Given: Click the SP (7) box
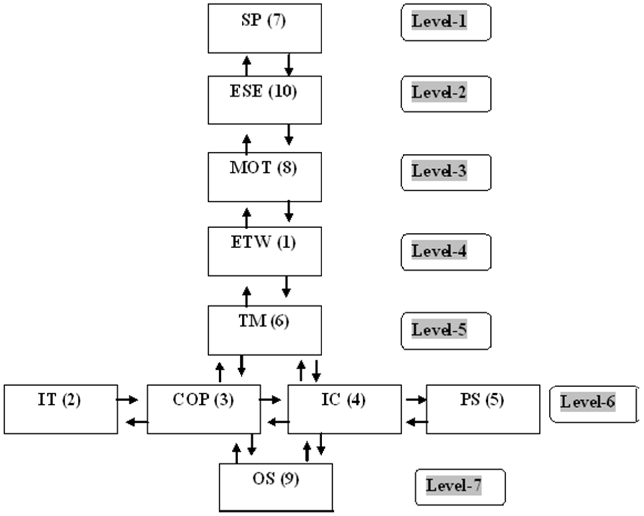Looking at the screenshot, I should point(265,28).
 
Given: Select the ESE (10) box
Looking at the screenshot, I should point(265,100).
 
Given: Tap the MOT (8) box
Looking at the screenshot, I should point(265,177).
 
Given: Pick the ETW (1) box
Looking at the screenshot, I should point(265,251).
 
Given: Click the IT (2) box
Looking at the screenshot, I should point(61,409).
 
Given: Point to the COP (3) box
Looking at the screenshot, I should point(204,409).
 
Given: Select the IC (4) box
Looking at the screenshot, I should point(344,409).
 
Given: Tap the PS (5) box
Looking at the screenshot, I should point(483,409).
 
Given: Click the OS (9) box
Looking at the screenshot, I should point(276,487).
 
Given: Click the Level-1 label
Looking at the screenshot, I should point(446,22).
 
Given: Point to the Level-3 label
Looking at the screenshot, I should point(446,172).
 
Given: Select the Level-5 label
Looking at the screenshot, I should point(446,331).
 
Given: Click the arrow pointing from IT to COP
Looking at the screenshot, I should point(127,400).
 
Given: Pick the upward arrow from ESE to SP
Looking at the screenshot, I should point(246,66).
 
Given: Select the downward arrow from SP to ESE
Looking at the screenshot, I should point(289,65).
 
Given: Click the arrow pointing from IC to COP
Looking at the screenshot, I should point(278,422).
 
